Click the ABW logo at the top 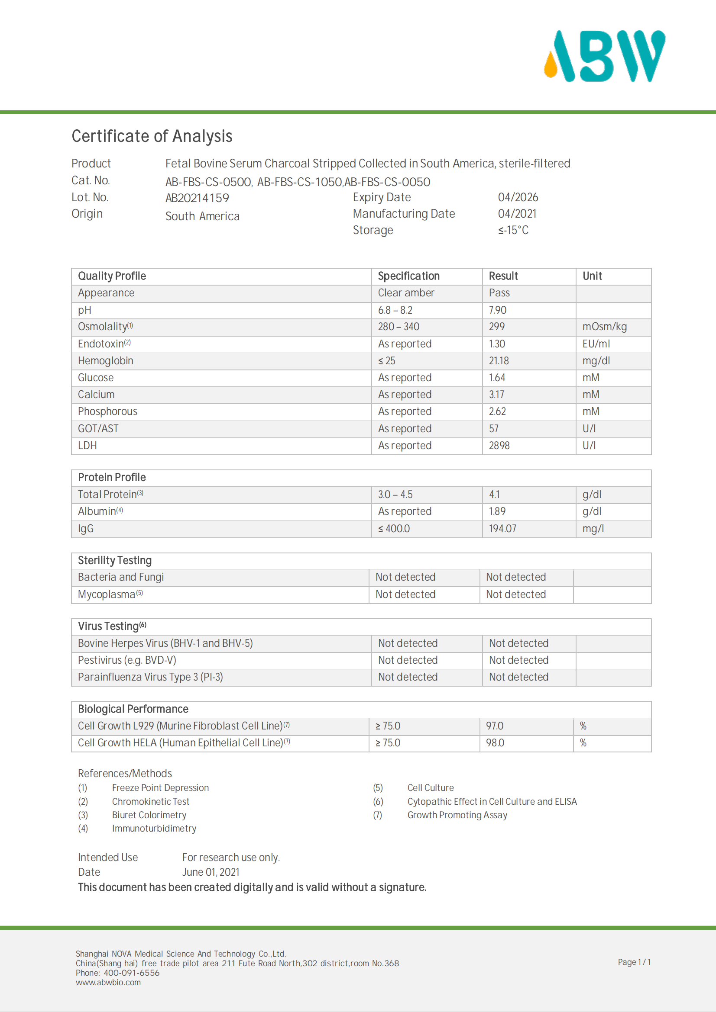[604, 56]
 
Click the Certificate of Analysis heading [152, 136]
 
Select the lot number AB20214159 [197, 198]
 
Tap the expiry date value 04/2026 [518, 197]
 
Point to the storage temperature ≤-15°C [513, 230]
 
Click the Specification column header [408, 276]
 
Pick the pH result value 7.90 [498, 310]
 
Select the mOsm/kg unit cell [604, 327]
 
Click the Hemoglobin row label [105, 360]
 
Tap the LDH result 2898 [499, 445]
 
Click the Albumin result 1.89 [497, 511]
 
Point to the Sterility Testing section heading [115, 560]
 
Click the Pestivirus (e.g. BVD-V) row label [127, 660]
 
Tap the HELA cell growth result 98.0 [495, 743]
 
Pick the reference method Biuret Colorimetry [149, 815]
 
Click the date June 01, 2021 [211, 872]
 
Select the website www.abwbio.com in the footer [108, 982]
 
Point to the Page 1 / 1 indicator [634, 962]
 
